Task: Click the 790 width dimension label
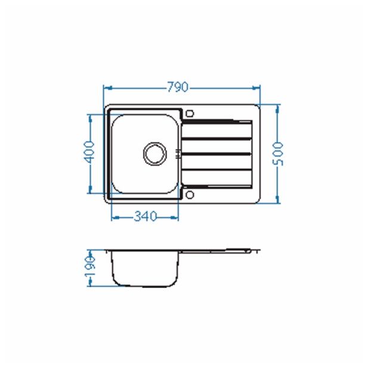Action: point(178,87)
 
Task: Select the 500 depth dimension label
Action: point(278,154)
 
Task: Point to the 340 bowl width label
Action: point(145,217)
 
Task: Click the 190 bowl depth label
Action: point(90,266)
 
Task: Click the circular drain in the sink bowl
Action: point(155,154)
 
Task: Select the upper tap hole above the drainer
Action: point(190,114)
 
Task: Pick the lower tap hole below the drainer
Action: point(190,195)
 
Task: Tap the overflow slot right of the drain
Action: point(178,153)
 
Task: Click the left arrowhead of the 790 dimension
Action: point(108,88)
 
